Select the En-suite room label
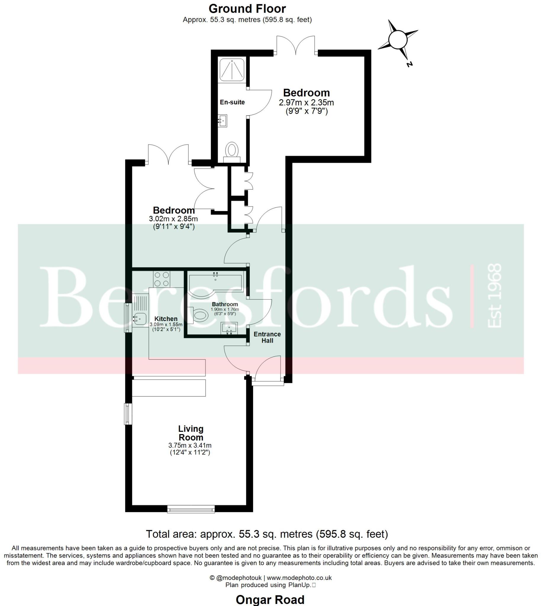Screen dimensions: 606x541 (232, 102)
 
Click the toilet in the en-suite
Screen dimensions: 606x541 (232, 151)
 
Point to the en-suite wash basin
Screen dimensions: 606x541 (222, 121)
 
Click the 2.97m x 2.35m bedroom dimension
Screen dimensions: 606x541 (306, 103)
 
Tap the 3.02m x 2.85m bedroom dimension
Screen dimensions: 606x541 (173, 219)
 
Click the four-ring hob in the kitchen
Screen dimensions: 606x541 (162, 279)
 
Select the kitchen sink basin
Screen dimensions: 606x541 (139, 319)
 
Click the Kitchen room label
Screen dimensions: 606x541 (166, 319)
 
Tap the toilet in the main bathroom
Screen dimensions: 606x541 (199, 315)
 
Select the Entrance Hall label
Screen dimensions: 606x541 (267, 337)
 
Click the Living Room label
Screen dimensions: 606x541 (191, 433)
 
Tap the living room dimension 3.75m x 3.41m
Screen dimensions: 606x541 (190, 446)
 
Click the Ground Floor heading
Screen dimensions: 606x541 (247, 9)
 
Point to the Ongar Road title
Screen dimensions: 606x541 (270, 600)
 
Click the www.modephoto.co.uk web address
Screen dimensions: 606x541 (299, 578)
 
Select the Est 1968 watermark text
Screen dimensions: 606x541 (495, 296)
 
